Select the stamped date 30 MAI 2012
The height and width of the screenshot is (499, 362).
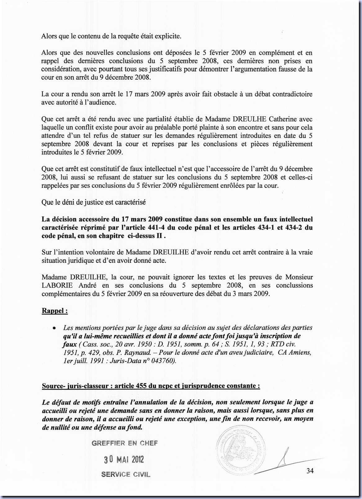coord(124,459)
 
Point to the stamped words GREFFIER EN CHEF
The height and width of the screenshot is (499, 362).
coord(125,443)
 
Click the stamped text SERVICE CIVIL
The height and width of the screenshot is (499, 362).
coord(126,474)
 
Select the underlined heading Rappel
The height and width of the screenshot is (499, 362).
coord(55,311)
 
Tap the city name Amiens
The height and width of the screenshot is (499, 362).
coord(300,352)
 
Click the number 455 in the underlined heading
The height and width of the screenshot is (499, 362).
coord(141,386)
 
